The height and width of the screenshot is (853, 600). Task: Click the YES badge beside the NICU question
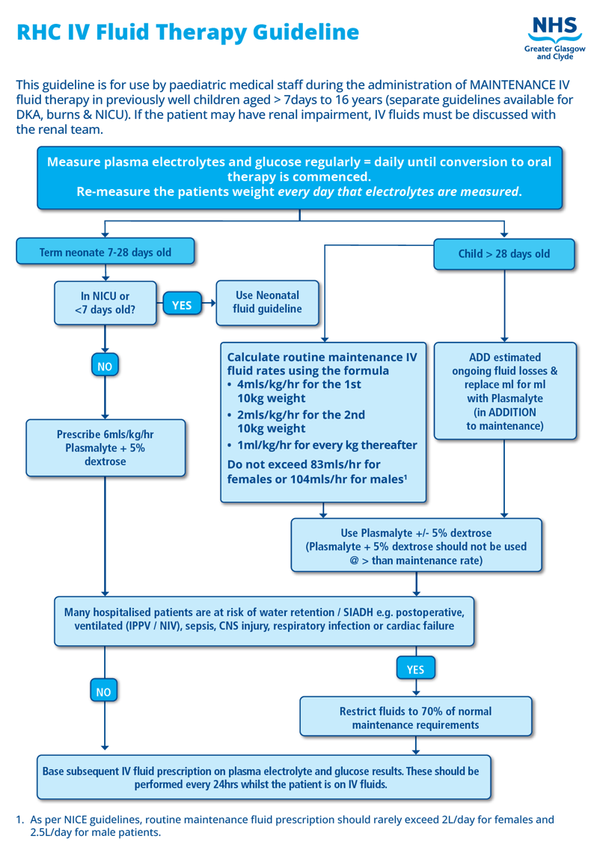click(182, 304)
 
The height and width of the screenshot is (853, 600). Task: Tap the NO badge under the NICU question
click(105, 366)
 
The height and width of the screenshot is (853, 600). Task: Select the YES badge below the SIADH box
click(415, 668)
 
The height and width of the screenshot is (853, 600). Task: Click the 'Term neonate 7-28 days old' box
click(105, 252)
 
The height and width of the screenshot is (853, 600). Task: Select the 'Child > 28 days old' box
click(503, 253)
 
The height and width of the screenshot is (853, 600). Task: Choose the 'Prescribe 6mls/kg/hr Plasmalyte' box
click(105, 448)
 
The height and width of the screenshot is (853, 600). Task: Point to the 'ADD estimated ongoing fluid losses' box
click(505, 391)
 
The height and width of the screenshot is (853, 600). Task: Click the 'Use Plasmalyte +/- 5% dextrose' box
click(416, 546)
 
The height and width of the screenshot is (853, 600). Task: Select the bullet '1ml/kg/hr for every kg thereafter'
click(326, 446)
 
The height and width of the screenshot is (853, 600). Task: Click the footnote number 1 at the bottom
click(19, 819)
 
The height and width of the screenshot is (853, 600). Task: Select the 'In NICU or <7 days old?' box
click(105, 303)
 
